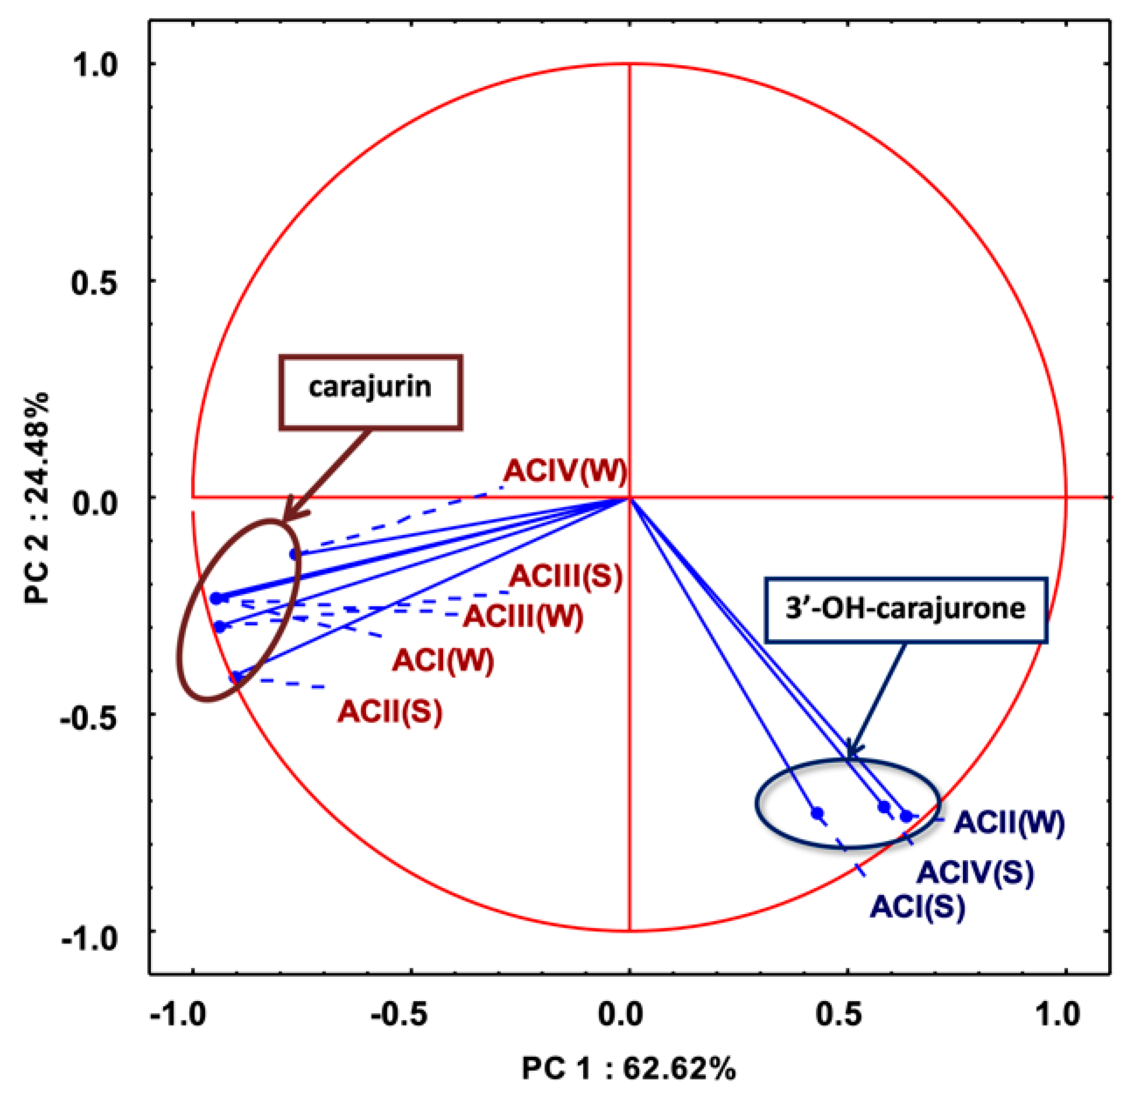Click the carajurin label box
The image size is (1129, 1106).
point(370,392)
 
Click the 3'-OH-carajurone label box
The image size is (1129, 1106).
point(905,610)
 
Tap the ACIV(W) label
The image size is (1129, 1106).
point(565,472)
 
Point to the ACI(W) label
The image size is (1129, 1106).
point(443,661)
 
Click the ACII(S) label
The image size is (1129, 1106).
point(390,712)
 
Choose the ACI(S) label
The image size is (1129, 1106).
point(917,907)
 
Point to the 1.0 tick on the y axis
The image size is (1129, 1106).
point(94,64)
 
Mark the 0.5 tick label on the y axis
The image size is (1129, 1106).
point(94,281)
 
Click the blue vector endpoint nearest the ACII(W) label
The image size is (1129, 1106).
point(906,816)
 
